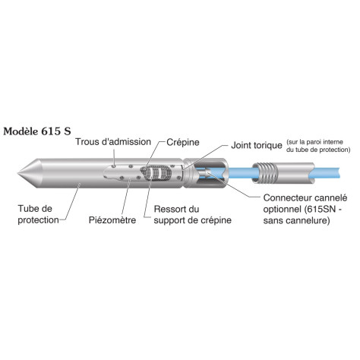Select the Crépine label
182,142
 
